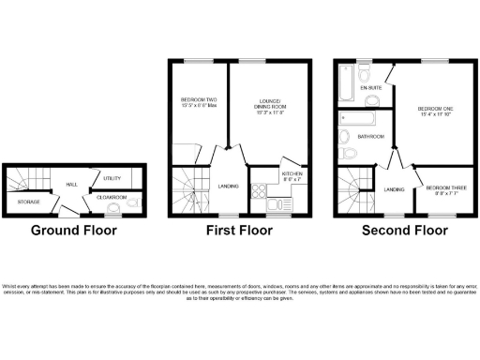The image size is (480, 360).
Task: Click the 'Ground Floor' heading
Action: tap(74, 229)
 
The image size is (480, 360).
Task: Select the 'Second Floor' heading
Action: tap(404, 229)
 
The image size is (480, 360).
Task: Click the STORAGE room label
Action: tap(29, 202)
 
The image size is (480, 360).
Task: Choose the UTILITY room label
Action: tap(112, 177)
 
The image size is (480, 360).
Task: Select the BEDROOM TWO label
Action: tap(199, 102)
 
